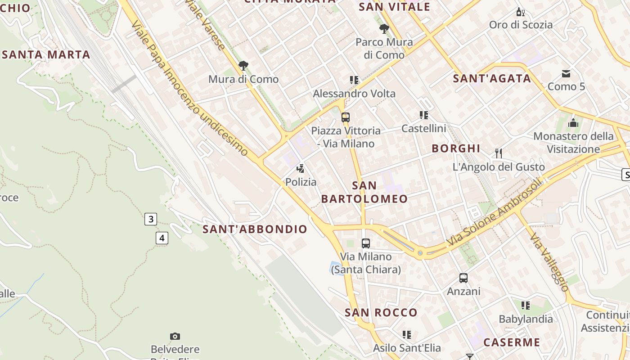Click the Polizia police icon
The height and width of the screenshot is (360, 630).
(x=300, y=169)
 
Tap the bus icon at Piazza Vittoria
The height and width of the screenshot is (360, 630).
(x=345, y=117)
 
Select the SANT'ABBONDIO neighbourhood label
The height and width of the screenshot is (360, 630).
(x=255, y=229)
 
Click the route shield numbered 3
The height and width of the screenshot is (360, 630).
(x=151, y=219)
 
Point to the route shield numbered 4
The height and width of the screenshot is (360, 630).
(x=162, y=238)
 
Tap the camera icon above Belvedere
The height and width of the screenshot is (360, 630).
(x=175, y=336)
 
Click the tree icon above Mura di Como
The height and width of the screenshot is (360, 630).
(x=243, y=66)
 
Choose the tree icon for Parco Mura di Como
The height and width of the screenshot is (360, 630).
(x=384, y=29)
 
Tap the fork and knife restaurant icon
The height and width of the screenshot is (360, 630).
(x=498, y=153)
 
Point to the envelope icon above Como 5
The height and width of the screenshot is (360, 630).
(x=566, y=73)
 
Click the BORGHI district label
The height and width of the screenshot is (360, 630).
(x=456, y=148)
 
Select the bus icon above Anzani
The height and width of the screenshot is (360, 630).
(x=463, y=278)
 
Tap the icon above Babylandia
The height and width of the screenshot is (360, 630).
(x=525, y=306)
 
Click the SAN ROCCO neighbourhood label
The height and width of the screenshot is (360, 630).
(x=381, y=312)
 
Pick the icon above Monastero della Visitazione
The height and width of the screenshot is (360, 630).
(x=573, y=122)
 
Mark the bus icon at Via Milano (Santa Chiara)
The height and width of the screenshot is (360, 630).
(x=365, y=243)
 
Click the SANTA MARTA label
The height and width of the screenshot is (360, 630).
(x=46, y=55)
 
